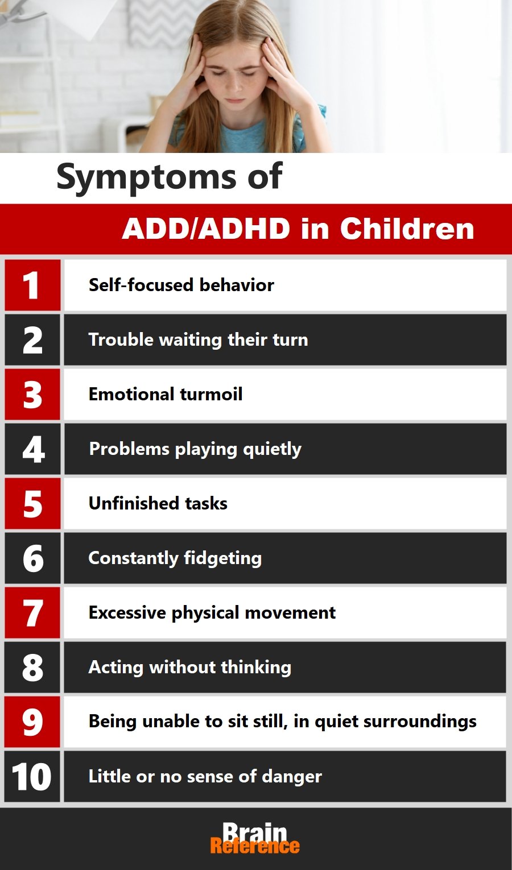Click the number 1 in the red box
tap(31, 285)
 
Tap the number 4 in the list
tap(34, 449)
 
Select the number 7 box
tap(32, 613)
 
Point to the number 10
tap(31, 777)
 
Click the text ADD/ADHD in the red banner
tap(206, 229)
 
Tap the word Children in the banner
tap(407, 229)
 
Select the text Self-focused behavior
tap(181, 285)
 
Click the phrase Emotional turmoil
tap(166, 394)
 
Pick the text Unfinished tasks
tap(158, 503)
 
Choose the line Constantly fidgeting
tap(175, 558)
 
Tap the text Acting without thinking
tap(190, 668)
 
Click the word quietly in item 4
tap(272, 450)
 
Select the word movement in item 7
tap(290, 613)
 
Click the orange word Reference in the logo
tap(255, 846)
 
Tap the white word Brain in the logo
tap(255, 831)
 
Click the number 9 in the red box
tap(32, 722)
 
